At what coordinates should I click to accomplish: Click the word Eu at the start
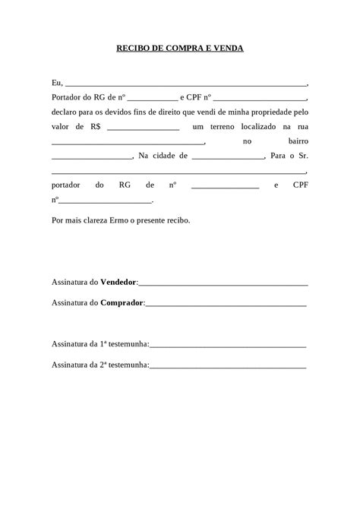click(56, 83)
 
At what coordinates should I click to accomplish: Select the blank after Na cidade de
click(227, 157)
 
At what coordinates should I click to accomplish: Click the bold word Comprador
click(121, 302)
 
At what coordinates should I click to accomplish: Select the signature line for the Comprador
click(226, 305)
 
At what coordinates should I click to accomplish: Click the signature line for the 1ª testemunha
click(228, 346)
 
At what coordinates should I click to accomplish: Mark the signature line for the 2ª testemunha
click(228, 367)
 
